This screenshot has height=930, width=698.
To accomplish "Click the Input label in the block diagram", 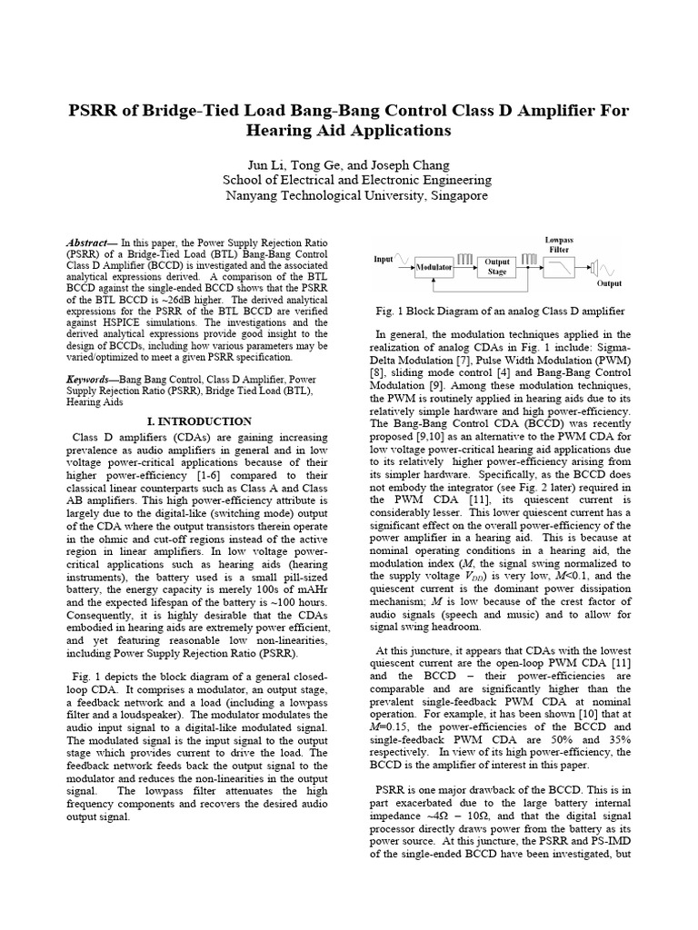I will [x=384, y=259].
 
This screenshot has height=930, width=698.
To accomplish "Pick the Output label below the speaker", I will [x=603, y=283].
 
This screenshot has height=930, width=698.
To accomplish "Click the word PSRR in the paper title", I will [x=95, y=111].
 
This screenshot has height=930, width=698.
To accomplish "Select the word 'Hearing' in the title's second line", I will [x=281, y=131].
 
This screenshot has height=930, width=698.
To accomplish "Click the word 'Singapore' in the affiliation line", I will [x=455, y=195].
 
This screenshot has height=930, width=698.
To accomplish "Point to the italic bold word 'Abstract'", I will [x=87, y=244].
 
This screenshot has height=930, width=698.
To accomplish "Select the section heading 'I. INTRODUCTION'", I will [x=199, y=421].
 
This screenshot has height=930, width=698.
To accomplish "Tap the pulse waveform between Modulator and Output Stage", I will [x=465, y=259].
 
